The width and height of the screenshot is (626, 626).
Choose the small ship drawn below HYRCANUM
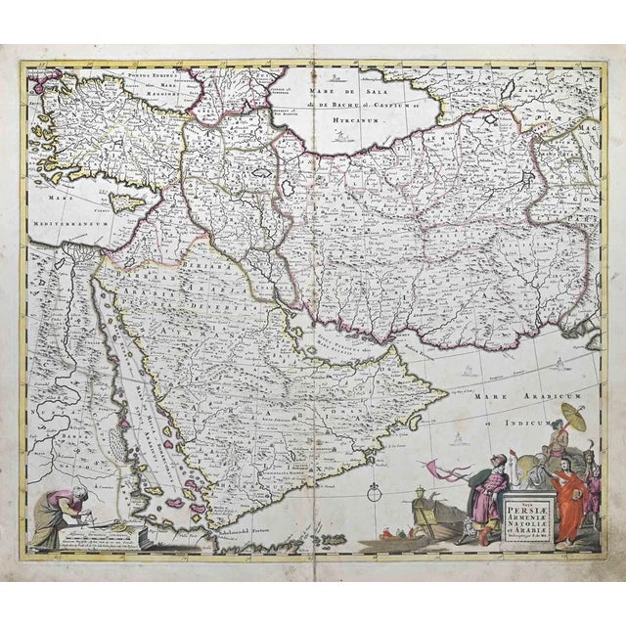point(342,137)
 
